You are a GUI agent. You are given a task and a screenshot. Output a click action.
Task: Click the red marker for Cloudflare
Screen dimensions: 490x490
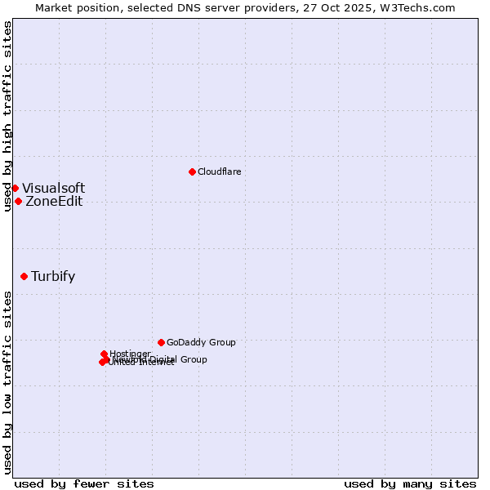(x=192, y=171)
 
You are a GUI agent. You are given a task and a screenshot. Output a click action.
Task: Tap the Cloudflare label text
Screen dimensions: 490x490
(x=219, y=171)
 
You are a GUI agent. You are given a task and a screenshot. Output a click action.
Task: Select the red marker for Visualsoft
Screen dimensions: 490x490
(x=15, y=189)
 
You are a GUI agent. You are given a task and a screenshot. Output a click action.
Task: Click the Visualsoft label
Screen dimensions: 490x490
(x=53, y=189)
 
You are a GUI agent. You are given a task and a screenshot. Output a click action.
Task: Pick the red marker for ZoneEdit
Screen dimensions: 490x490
(x=18, y=202)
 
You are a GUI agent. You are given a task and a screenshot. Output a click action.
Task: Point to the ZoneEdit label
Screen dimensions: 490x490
(x=54, y=202)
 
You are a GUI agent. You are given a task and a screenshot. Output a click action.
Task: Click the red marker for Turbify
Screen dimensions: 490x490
(x=24, y=276)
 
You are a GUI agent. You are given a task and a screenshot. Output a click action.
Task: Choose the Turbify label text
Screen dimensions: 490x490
(x=53, y=276)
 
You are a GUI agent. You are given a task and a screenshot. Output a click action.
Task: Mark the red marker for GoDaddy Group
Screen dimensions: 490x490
(x=161, y=342)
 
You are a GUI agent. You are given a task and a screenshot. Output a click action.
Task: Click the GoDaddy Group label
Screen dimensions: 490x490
(x=201, y=342)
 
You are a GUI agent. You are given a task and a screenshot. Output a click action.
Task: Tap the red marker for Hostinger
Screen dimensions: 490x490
(x=104, y=354)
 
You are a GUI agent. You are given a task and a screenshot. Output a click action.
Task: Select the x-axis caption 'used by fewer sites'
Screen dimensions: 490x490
(x=84, y=483)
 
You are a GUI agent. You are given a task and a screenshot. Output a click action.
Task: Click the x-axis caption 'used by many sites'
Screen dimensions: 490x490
(x=410, y=483)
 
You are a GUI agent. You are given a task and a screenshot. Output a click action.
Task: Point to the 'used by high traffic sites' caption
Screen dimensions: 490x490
(x=7, y=116)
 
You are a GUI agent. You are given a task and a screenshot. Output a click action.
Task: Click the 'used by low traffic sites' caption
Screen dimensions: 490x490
(x=7, y=381)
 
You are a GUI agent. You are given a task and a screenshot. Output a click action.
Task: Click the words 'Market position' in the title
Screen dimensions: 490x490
(x=76, y=7)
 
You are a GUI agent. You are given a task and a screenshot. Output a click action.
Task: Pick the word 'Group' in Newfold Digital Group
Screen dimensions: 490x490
(x=194, y=359)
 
